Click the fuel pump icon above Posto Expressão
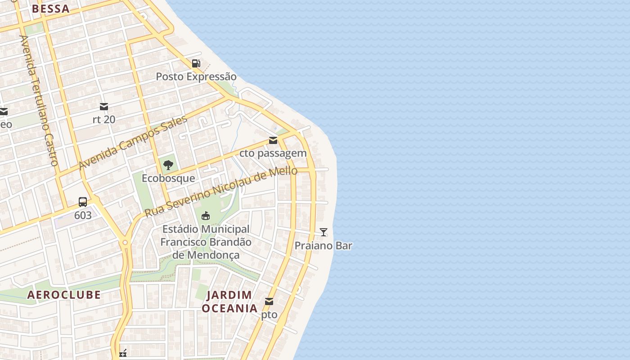(x=196, y=63)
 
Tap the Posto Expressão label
(x=196, y=76)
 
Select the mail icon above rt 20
(x=104, y=107)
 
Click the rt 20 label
(x=104, y=120)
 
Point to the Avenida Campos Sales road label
(x=133, y=143)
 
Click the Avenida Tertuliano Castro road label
(x=39, y=100)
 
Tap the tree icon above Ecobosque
(x=168, y=165)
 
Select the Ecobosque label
(x=168, y=178)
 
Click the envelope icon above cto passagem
(x=273, y=140)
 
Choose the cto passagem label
(x=273, y=153)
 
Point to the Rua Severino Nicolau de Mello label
(x=221, y=192)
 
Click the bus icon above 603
(x=83, y=202)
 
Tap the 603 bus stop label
(x=83, y=216)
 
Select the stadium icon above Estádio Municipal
(x=206, y=216)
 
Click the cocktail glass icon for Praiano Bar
(x=323, y=232)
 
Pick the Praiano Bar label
(x=323, y=246)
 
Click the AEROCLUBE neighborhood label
(x=64, y=295)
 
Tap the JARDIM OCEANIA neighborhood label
(x=229, y=301)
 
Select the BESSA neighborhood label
(x=50, y=9)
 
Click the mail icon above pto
(x=269, y=301)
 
